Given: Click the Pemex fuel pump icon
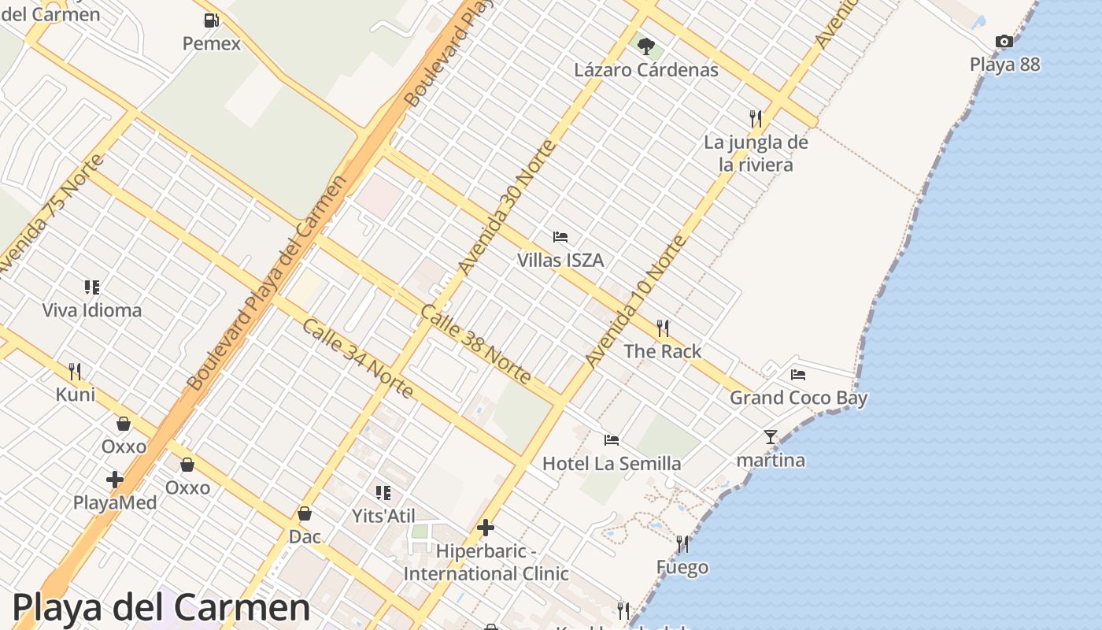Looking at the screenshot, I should (211, 20).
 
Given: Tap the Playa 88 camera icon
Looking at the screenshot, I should (1004, 42).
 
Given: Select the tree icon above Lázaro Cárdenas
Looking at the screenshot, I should (645, 46).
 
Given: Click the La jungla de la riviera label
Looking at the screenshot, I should (756, 154).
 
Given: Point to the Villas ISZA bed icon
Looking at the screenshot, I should (560, 236).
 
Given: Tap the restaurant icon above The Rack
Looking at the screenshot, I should (663, 328).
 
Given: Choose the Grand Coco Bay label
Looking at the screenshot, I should (798, 398).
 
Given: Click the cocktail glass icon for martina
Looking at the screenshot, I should (770, 437).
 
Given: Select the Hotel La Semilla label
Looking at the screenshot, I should (612, 463).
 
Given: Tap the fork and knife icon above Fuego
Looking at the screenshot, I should (682, 544).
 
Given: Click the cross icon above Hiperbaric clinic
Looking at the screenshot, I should (486, 528).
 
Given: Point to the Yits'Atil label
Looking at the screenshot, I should (383, 516).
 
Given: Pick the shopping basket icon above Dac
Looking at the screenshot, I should (305, 513).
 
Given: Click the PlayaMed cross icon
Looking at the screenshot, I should (115, 479).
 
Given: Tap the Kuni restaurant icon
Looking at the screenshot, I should (76, 371).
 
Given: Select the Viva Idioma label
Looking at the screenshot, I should (92, 310).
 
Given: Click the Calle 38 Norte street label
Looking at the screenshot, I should (475, 344).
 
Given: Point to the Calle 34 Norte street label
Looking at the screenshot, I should (357, 358).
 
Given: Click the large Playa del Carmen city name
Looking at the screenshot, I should (161, 607).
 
